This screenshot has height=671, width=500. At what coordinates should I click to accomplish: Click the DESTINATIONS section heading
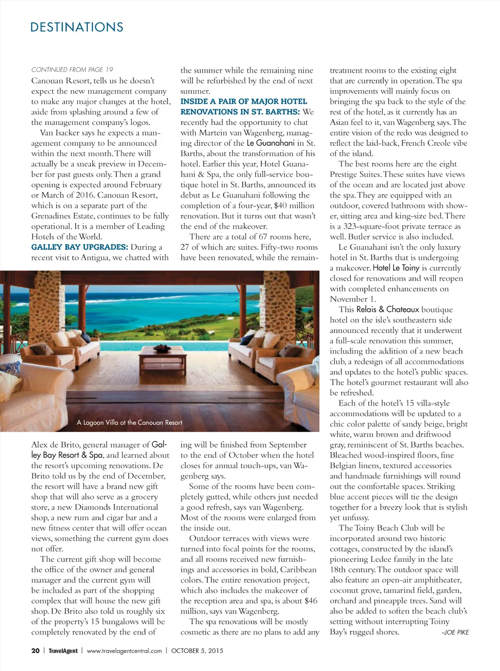77,27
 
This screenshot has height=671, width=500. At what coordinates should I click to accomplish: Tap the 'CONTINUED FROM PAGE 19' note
72,70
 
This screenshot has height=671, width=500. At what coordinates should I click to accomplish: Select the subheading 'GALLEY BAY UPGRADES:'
80,247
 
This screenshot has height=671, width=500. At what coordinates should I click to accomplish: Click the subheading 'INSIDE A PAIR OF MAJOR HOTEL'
244,101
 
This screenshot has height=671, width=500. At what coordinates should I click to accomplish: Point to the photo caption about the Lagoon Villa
129,423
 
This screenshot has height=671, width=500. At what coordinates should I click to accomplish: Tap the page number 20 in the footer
35,651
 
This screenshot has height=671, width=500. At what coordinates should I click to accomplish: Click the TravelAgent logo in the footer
63,651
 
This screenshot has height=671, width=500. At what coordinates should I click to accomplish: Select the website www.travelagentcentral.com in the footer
124,651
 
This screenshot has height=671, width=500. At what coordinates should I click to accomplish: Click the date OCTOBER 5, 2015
197,651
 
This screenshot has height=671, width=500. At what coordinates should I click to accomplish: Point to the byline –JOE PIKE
455,632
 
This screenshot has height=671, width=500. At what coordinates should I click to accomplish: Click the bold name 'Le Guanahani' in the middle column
271,143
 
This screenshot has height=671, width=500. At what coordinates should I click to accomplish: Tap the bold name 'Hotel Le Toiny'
396,268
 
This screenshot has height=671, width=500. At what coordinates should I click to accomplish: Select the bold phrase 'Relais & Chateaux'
388,309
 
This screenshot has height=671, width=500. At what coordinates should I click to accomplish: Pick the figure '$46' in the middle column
311,601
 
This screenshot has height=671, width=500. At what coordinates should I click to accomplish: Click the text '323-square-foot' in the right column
368,226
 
